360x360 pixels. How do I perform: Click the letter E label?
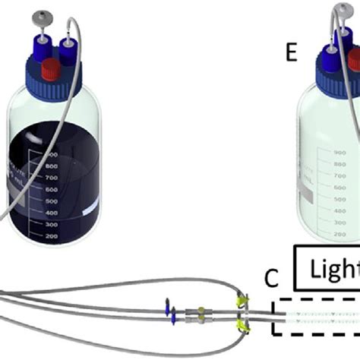(289, 55)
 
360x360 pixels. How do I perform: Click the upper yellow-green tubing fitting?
(244, 301)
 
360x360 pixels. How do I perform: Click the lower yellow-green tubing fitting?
(243, 326)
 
